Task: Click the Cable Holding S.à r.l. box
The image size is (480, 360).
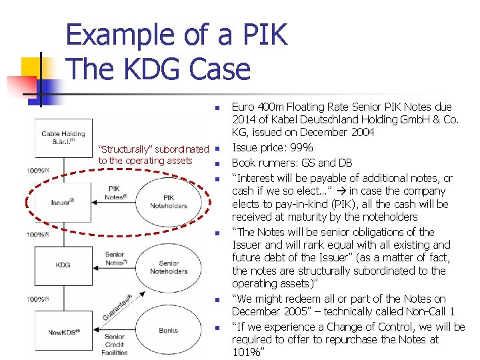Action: [63, 137]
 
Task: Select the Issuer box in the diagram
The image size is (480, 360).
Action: [63, 201]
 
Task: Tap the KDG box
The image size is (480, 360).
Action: [63, 265]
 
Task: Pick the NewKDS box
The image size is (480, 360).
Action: [63, 331]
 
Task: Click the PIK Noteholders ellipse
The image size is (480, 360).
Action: [169, 201]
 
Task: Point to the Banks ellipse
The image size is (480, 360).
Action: [169, 330]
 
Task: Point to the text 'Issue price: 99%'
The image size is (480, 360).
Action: [272, 148]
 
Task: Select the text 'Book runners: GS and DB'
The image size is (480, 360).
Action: [292, 163]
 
